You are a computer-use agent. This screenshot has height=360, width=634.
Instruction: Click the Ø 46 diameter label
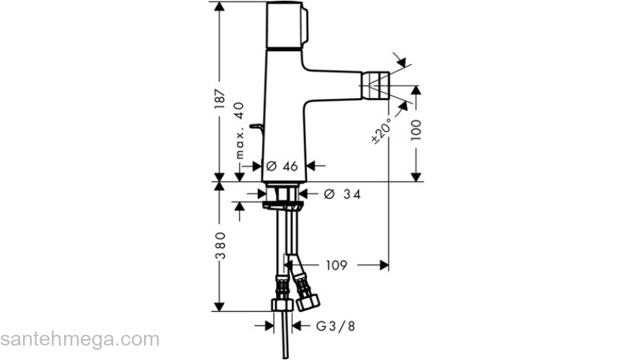[282, 166]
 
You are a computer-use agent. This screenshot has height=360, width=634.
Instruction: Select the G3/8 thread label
[336, 326]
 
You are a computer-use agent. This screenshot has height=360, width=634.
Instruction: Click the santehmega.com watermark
[79, 338]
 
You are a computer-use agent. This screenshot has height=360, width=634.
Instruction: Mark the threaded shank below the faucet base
[282, 193]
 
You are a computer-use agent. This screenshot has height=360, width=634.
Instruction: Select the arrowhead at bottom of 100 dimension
[416, 176]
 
